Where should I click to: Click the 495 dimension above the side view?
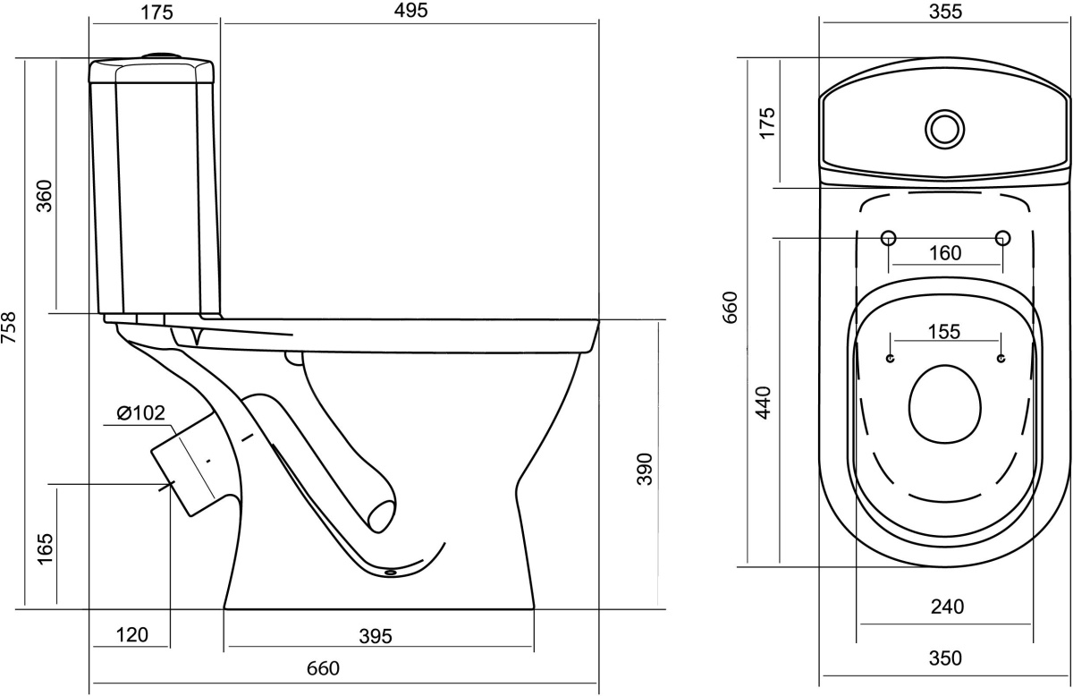pyautogui.click(x=410, y=11)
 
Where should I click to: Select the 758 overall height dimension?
pyautogui.click(x=9, y=327)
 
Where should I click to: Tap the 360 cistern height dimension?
pyautogui.click(x=45, y=196)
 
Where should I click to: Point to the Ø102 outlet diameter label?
pyautogui.click(x=141, y=413)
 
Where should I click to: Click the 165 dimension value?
pyautogui.click(x=45, y=549)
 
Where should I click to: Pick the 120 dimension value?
pyautogui.click(x=132, y=635)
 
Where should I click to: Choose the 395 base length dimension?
pyautogui.click(x=376, y=637)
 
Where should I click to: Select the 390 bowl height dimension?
pyautogui.click(x=645, y=470)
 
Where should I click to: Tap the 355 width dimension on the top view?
pyautogui.click(x=946, y=12)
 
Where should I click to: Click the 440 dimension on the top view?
pyautogui.click(x=764, y=403)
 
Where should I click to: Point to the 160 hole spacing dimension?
pyautogui.click(x=945, y=253)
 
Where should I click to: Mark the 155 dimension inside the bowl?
pyautogui.click(x=944, y=332)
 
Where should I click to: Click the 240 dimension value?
pyautogui.click(x=948, y=607)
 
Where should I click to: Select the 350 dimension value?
pyautogui.click(x=946, y=658)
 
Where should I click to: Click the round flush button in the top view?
pyautogui.click(x=944, y=130)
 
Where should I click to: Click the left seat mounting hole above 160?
pyautogui.click(x=889, y=238)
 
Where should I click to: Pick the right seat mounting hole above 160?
pyautogui.click(x=1002, y=238)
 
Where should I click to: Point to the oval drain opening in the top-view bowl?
pyautogui.click(x=944, y=404)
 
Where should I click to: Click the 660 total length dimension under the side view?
pyautogui.click(x=324, y=668)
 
